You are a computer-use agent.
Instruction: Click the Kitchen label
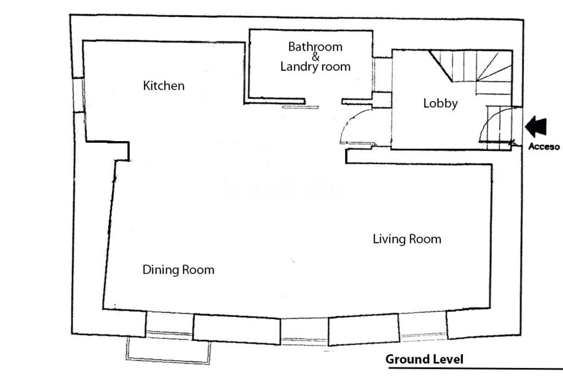[164, 85]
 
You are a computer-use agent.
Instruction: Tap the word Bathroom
[315, 47]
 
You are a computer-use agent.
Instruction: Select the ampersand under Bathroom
[315, 57]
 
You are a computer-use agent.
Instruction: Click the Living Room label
[407, 239]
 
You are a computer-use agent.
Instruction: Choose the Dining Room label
[178, 270]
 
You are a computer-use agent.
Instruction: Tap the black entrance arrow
[536, 127]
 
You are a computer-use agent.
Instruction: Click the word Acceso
[544, 146]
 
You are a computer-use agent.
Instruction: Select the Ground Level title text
[424, 359]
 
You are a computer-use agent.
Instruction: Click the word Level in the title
[449, 359]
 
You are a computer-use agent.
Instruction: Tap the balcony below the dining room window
[168, 350]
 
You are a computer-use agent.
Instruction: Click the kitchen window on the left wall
[78, 94]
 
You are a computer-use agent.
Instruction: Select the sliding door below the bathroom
[301, 107]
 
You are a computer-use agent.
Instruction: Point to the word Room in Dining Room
[198, 270]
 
